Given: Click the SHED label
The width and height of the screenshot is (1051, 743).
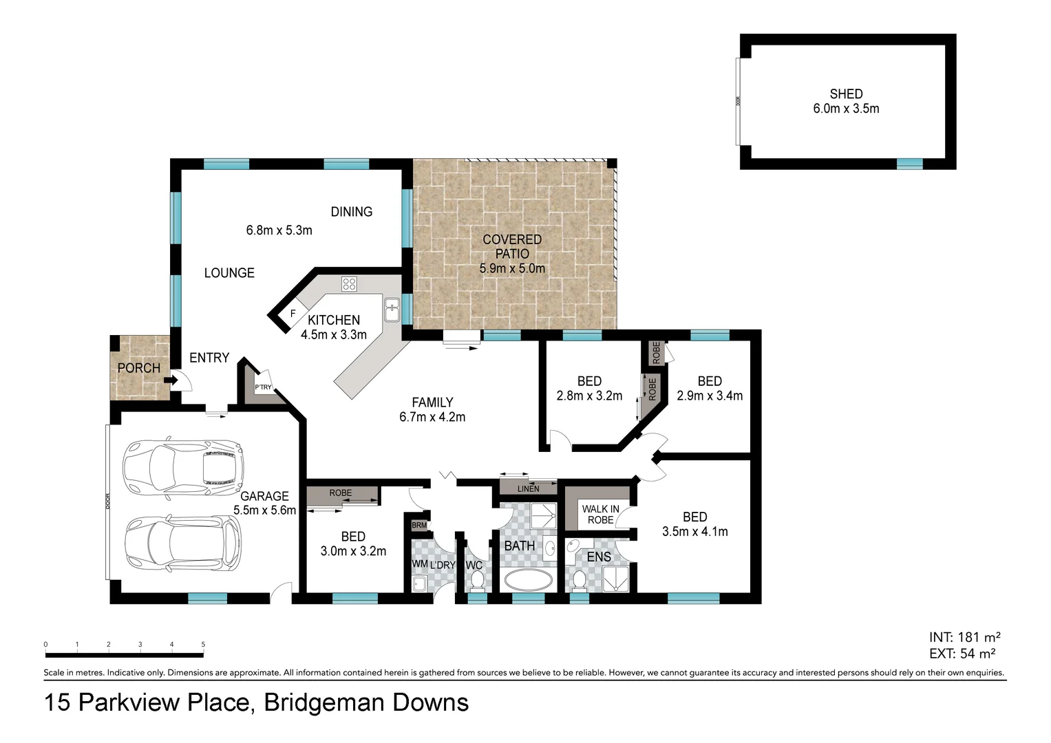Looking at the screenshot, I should point(846,94).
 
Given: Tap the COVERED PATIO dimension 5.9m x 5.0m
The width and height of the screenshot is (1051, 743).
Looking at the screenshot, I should point(512,268).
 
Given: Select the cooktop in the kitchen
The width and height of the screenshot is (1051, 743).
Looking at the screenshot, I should point(349,283).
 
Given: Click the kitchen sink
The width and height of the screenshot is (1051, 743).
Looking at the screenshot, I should point(392,310).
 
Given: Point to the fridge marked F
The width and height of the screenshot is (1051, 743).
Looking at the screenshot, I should point(293,314).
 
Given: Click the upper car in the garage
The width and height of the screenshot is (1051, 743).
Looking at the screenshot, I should point(182,468).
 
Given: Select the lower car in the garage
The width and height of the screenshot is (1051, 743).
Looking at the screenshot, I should point(182,543).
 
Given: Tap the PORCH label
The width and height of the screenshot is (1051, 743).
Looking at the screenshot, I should point(138,368).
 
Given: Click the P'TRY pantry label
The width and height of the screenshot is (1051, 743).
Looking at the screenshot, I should point(263,387).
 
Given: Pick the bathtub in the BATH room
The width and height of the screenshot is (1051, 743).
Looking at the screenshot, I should point(528,580).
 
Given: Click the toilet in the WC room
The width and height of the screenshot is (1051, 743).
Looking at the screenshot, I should point(477,581).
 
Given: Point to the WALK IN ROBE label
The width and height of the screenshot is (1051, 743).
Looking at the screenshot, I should point(600,515).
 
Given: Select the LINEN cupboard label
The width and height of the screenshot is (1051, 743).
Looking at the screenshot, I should point(529,488).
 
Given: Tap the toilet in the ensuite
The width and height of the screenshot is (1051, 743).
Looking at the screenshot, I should point(580,581).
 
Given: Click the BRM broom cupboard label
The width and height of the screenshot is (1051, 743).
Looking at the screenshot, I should point(419,525).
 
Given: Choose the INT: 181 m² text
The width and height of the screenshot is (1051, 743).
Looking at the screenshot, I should point(964,637).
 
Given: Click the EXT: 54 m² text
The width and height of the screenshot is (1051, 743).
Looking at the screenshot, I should point(962,654).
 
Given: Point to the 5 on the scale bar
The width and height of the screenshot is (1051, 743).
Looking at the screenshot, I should point(203,645).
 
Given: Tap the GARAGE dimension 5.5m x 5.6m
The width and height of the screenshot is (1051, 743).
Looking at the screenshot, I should point(264,510).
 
